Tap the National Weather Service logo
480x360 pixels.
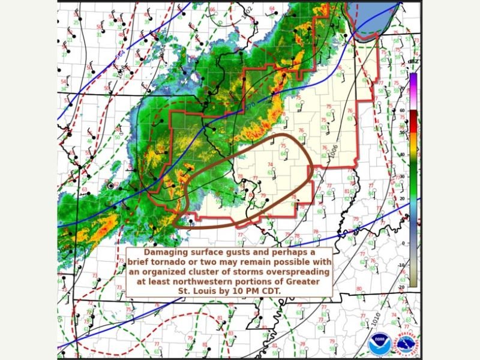[x=407, y=345]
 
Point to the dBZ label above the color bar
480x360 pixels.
[x=413, y=61]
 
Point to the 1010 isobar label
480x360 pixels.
[x=374, y=320]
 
